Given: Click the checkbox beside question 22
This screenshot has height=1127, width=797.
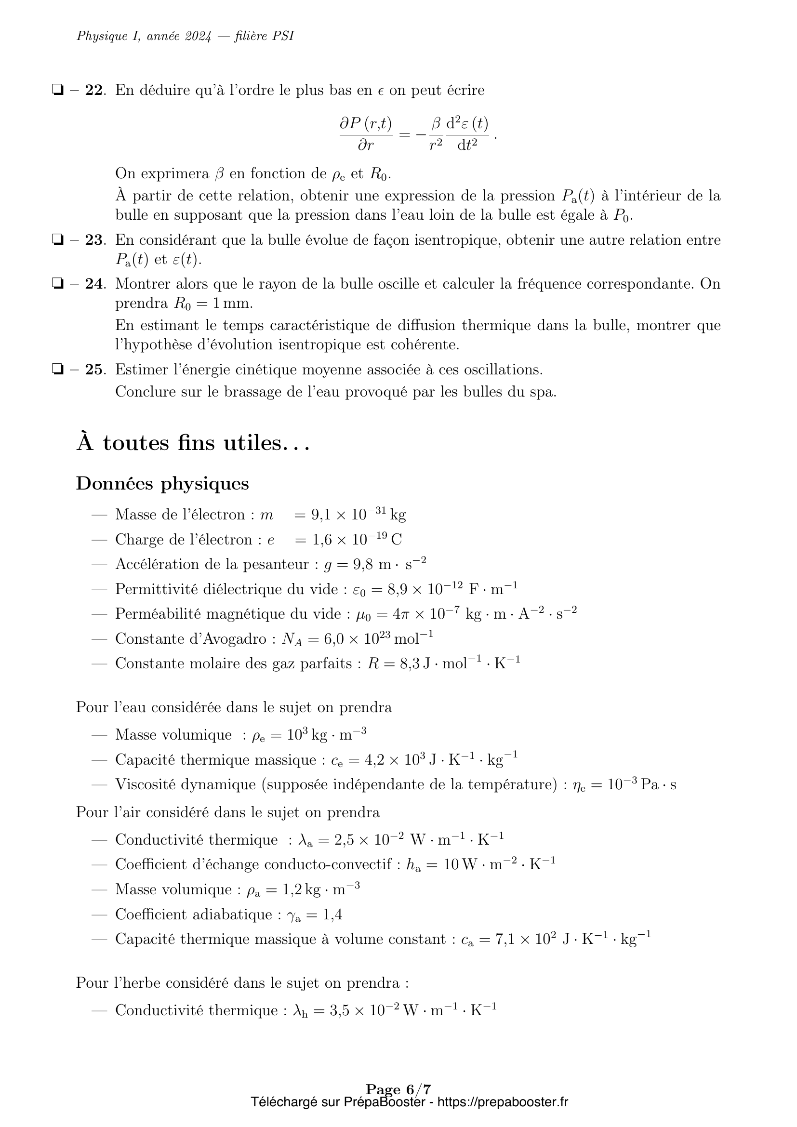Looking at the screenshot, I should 58,90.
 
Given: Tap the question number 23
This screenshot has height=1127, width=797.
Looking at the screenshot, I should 95,240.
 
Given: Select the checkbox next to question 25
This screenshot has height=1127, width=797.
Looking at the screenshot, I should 58,370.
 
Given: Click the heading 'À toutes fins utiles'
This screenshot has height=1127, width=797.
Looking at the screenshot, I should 193,443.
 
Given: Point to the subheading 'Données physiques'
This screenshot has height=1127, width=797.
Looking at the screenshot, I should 162,483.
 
